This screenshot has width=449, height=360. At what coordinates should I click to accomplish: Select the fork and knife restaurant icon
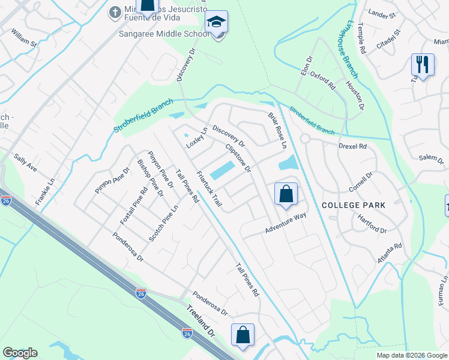pos(423,64)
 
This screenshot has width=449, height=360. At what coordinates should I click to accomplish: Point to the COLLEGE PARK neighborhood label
pos(354,205)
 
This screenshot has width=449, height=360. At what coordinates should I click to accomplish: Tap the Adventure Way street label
pos(286,224)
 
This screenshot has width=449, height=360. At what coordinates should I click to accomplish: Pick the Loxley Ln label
pos(196,138)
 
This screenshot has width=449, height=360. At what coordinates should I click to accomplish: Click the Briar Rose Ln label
pos(277,130)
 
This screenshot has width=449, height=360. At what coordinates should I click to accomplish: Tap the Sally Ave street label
pos(26,162)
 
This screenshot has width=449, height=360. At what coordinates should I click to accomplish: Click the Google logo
pos(20,353)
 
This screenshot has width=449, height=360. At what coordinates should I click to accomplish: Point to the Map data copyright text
pos(411,355)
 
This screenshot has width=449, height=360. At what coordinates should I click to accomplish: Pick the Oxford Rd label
pos(324,79)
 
